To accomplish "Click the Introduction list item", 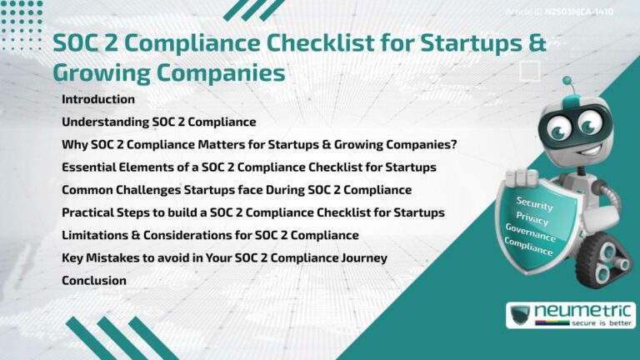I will pos(98,99).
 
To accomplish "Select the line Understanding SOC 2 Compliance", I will pos(158,122).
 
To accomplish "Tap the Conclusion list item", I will pos(94,280).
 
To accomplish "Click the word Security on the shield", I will pos(534,202).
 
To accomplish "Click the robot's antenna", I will pos(567,82).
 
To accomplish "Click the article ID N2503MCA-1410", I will pos(577,12).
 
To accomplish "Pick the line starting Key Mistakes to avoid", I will pos(224,257).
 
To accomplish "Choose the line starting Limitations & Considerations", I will pos(210,235).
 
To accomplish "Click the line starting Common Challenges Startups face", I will pos(237,190).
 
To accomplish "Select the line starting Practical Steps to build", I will pos(252,212).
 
